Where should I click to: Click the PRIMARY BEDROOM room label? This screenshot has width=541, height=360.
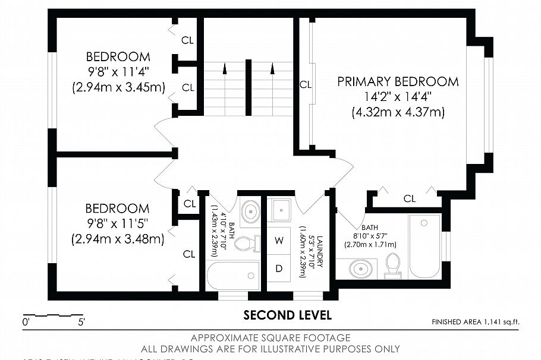pos(398,81)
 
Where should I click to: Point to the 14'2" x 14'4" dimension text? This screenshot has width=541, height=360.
pos(398,96)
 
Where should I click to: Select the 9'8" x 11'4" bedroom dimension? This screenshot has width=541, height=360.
pos(118,72)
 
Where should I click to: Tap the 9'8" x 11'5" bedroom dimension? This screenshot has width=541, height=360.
pos(117,224)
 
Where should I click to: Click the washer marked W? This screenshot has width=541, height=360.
pos(279,241)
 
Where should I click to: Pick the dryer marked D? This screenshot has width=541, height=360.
pos(279,268)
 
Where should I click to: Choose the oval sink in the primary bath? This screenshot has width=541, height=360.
pos(360,269)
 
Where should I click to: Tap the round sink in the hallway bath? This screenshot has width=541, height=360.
pos(250,210)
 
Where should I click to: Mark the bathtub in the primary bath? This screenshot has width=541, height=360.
pos(424,245)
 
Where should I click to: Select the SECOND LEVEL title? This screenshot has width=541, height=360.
pos(287,314)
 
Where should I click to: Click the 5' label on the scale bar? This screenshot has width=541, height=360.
pos(80,323)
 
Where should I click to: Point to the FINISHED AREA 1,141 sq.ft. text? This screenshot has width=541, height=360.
pos(475,322)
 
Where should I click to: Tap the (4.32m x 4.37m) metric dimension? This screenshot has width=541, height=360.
pos(398,112)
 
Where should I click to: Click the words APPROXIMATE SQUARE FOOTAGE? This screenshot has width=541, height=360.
pos(270,338)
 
